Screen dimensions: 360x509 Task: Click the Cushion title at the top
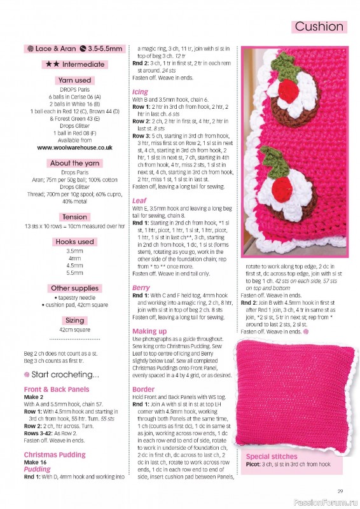(319, 27)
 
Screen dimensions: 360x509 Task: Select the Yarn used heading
(74, 81)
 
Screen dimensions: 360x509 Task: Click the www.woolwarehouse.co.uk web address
(74, 147)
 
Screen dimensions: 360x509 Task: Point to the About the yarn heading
(74, 164)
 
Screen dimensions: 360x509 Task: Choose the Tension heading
(74, 217)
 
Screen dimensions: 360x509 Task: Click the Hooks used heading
(74, 242)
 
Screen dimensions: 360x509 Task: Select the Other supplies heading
(74, 288)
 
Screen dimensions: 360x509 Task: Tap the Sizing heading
(74, 321)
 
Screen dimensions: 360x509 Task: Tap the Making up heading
(149, 331)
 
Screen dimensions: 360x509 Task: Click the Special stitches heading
(271, 457)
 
